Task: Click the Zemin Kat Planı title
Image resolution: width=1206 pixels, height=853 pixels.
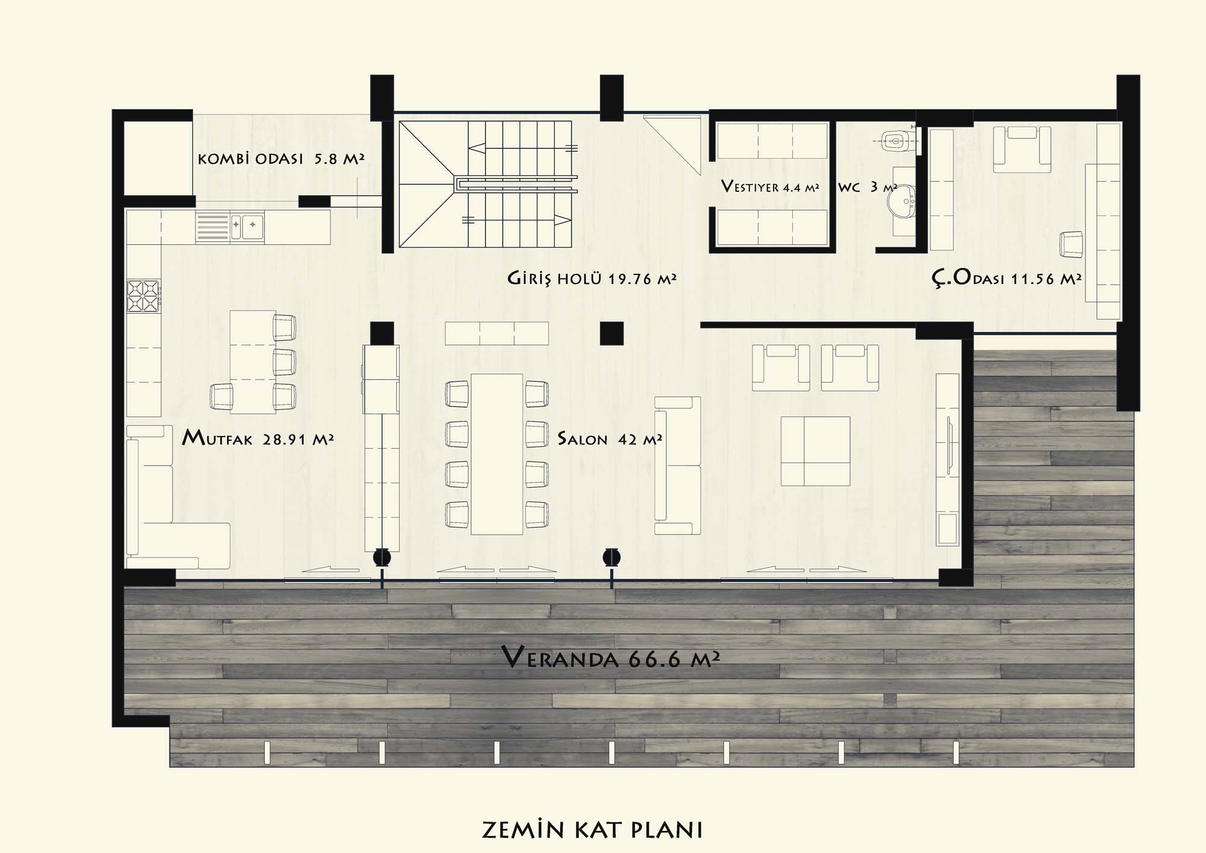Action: click(x=592, y=829)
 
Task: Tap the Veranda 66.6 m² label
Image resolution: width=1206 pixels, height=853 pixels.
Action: click(x=611, y=657)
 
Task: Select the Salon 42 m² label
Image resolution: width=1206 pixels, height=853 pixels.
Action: click(x=610, y=439)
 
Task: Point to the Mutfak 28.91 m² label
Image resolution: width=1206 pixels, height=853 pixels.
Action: click(x=257, y=437)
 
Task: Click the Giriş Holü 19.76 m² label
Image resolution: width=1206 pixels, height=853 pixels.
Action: click(x=592, y=279)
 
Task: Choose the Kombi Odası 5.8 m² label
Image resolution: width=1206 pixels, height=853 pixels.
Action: click(x=280, y=159)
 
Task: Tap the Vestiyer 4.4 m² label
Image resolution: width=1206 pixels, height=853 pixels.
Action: click(x=770, y=186)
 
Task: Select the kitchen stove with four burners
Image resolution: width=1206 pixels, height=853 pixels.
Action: click(x=144, y=296)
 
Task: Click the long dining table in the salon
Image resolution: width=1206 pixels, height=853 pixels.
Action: click(x=497, y=454)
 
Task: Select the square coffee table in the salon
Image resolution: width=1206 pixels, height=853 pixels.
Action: click(x=815, y=451)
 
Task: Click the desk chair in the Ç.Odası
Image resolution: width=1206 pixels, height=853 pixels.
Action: click(x=1072, y=244)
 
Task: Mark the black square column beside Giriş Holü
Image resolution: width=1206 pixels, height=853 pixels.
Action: click(x=611, y=333)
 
